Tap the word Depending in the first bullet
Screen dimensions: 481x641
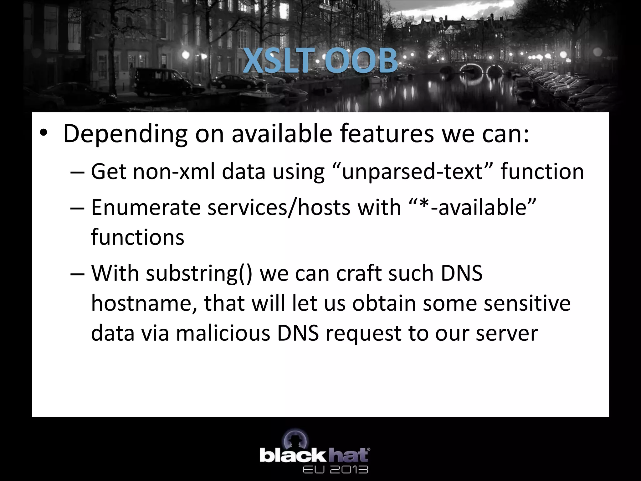[125, 134]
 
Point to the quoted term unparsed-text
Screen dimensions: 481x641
[412, 172]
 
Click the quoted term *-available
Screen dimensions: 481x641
[473, 207]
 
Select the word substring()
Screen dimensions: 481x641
[199, 274]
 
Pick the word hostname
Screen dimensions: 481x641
[144, 303]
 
